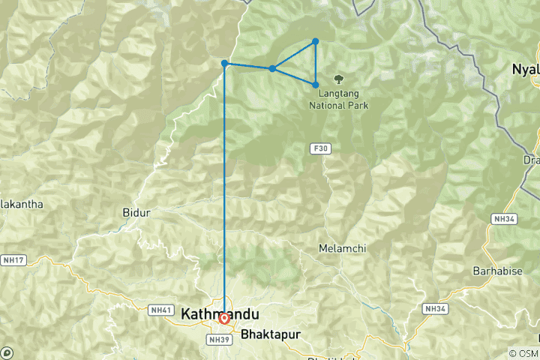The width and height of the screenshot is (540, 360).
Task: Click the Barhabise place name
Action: click(x=496, y=269)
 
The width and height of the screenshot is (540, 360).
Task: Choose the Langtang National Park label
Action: click(x=339, y=100)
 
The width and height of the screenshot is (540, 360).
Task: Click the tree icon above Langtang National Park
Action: click(x=339, y=79)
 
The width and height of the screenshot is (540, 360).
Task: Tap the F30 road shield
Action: click(x=321, y=149)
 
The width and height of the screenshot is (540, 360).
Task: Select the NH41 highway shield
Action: click(x=161, y=309)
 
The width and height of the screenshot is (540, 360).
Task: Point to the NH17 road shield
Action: click(x=13, y=260)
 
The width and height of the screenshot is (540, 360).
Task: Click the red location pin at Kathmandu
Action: click(x=224, y=319)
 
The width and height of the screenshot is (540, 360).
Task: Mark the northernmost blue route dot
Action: click(x=316, y=41)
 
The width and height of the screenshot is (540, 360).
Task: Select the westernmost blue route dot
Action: click(x=225, y=64)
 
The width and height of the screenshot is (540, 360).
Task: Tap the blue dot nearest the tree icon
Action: click(x=316, y=85)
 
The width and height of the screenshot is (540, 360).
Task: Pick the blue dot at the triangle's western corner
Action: click(x=272, y=69)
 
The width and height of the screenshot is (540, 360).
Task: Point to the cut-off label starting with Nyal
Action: click(x=525, y=69)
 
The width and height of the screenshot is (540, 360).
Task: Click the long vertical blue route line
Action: click(x=225, y=187)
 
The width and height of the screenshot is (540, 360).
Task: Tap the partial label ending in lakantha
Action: click(x=22, y=204)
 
